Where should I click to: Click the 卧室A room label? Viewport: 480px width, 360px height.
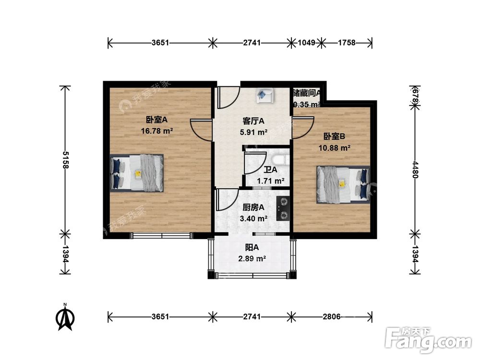coord(156,120)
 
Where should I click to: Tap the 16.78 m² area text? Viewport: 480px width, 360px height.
coord(157,131)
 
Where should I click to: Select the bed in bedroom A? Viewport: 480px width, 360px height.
coord(137,173)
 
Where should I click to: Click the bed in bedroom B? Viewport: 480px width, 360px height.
coord(343,184)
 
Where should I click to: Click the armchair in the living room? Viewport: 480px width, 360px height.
coord(264,95)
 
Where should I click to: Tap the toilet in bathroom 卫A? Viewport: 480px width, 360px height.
coord(279,161)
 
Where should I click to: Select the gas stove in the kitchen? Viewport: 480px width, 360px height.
coord(284,208)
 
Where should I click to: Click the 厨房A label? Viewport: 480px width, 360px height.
coord(254,208)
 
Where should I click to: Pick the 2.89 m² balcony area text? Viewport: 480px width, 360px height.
coord(252,259)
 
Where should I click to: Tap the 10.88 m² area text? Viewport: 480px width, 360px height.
coord(334,148)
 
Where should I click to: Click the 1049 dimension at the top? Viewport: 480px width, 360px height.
coord(306,43)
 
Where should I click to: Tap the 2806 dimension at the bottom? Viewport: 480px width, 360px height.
coord(332,316)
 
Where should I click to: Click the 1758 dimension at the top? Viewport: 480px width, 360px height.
coord(347,43)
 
